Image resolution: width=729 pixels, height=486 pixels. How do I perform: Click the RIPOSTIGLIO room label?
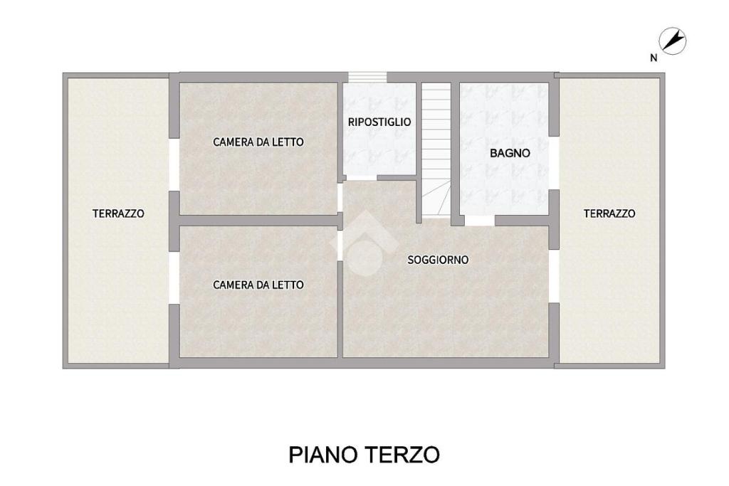coord(379,122)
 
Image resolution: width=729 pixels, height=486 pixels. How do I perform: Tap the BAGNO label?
coord(510,153)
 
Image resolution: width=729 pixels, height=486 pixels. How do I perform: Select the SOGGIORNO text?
coord(438,260)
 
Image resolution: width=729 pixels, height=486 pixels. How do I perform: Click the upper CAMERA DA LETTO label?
coord(258,142)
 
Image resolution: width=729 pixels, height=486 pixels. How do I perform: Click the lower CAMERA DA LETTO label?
coord(258,285)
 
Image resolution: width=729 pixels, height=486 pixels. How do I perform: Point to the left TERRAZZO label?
coord(118,213)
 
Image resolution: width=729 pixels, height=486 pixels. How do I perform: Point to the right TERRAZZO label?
coord(609,213)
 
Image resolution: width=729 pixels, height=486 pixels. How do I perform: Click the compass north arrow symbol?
coord(673,41)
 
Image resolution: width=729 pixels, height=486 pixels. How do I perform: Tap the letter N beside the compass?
coord(654,58)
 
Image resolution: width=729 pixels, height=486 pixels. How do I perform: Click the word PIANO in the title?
coord(322,455)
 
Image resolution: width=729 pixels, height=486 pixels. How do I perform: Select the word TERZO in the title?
coord(402,455)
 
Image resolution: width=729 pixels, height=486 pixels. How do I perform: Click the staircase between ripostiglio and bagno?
coord(436,149)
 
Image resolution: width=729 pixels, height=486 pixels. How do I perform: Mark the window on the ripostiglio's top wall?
coord(368,77)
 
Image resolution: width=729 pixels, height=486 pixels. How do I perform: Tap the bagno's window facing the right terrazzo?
coord(554,163)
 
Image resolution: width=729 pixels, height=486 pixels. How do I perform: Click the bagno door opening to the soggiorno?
coord(479,221)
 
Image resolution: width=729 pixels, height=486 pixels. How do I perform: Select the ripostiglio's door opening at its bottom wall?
coord(362,178)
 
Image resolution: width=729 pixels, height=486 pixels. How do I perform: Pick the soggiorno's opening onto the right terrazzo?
coord(554,276)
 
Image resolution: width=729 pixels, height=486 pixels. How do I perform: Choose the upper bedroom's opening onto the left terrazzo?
coord(174,164)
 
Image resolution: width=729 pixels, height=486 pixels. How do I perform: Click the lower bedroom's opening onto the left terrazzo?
coord(174,278)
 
